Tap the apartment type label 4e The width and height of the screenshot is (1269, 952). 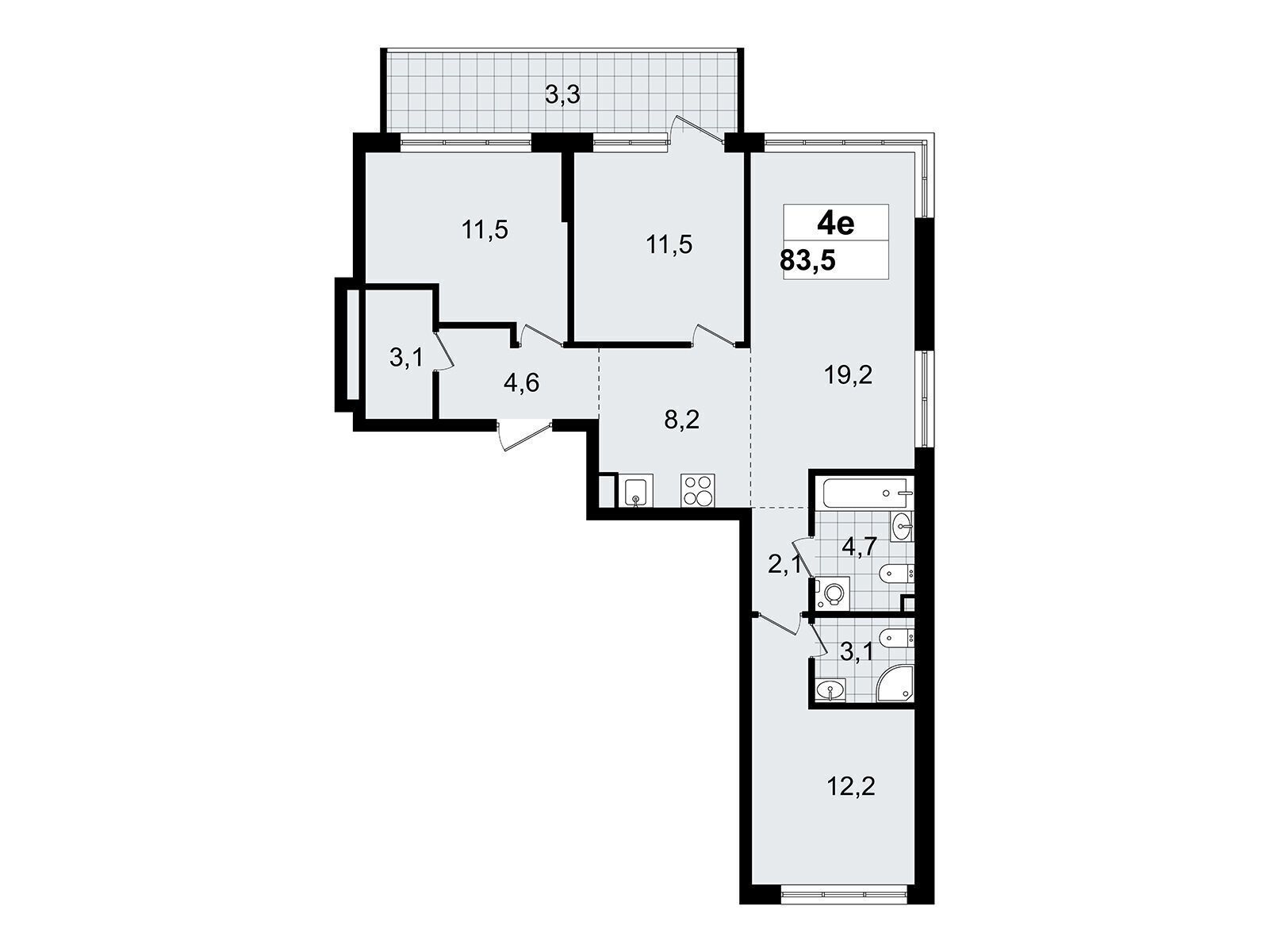tap(835, 223)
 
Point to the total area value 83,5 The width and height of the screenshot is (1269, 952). tap(807, 261)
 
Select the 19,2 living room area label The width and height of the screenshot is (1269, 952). tap(848, 376)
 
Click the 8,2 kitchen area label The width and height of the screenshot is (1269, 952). tap(681, 420)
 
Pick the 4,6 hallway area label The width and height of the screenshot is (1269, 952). tap(521, 382)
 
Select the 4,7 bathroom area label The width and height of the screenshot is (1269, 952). tap(859, 546)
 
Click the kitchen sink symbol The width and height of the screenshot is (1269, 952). tap(636, 491)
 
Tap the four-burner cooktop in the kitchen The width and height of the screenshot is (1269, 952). tap(698, 491)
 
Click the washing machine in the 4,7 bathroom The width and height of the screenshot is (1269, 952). tap(831, 593)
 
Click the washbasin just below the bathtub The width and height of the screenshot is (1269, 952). tap(901, 526)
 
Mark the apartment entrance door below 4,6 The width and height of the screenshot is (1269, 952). tap(525, 438)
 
